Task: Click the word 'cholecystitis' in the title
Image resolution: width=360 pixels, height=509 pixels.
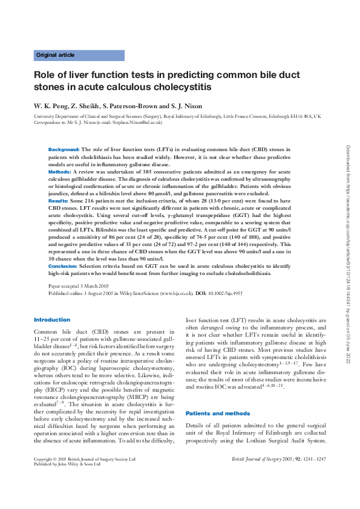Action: [x=181, y=87]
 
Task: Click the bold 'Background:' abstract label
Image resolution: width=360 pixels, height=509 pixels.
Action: [x=64, y=149]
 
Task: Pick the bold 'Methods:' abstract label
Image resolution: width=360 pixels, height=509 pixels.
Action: [x=59, y=172]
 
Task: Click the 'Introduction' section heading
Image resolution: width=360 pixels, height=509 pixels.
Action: [x=52, y=319]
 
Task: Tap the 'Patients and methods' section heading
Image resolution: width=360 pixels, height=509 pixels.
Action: [x=217, y=413]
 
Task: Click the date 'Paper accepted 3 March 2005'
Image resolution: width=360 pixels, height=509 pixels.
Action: [x=78, y=285]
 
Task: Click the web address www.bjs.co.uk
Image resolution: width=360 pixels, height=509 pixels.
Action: [x=177, y=293]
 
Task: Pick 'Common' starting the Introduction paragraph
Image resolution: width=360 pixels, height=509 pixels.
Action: [x=45, y=332]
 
